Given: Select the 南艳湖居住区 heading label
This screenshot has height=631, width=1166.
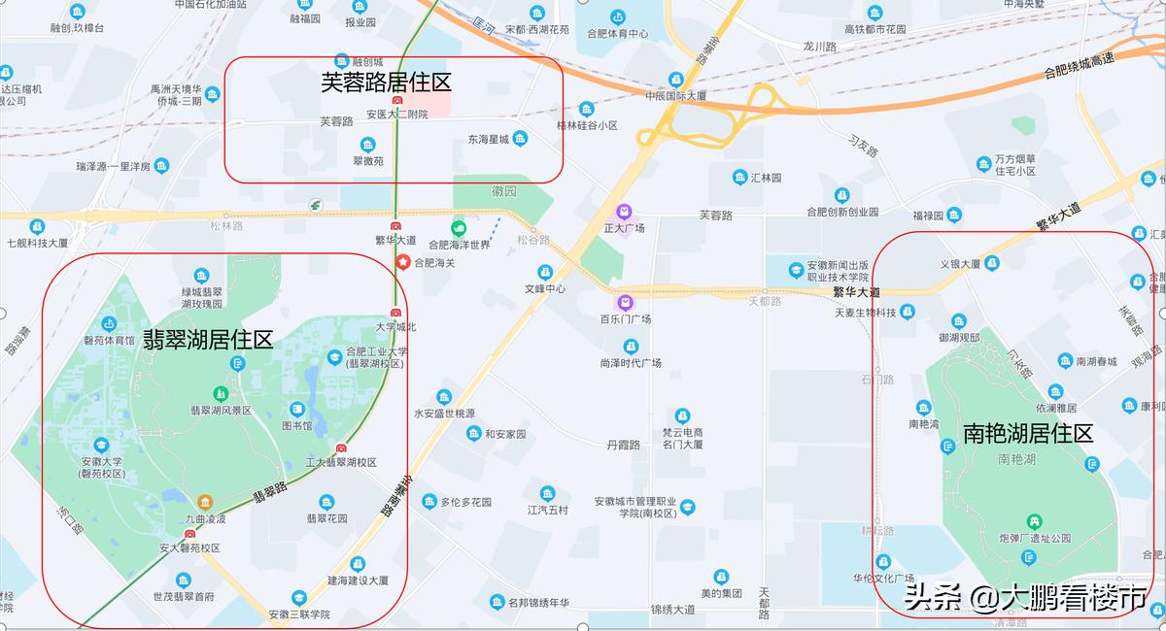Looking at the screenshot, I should (x=1028, y=433).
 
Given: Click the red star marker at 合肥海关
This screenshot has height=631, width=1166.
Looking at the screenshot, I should (x=402, y=261).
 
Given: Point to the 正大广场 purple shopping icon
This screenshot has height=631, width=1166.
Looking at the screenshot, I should (x=625, y=212).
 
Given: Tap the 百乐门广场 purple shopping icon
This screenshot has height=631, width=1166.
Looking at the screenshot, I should (x=625, y=302).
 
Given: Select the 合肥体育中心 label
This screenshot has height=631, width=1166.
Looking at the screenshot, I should (x=617, y=34).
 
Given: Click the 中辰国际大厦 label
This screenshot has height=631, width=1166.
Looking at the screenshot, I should (x=675, y=96).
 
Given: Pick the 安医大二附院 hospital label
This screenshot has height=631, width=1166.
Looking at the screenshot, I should (x=396, y=115).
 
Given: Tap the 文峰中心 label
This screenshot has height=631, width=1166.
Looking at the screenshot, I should (x=545, y=288).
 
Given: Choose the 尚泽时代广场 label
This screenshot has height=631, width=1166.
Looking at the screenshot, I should (x=631, y=362).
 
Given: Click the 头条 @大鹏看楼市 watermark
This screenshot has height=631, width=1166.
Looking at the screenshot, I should (x=1025, y=595).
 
